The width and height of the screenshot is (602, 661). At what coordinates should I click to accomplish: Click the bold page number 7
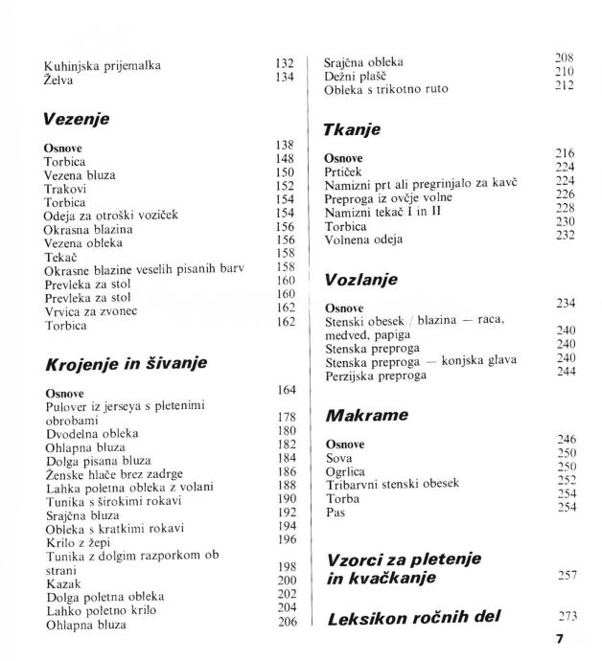(572, 636)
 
